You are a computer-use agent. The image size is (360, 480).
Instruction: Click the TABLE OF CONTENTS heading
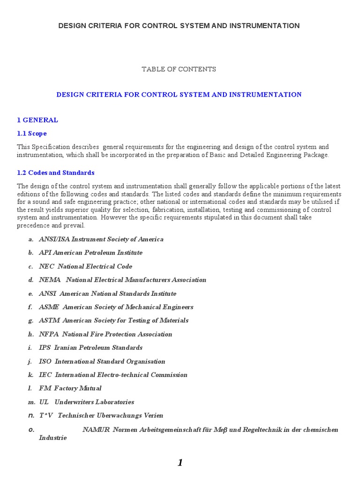(179, 69)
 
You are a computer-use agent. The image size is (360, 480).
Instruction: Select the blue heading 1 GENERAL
(37, 120)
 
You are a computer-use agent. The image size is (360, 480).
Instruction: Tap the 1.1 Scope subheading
(32, 134)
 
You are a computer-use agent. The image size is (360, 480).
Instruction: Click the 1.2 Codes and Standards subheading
(56, 172)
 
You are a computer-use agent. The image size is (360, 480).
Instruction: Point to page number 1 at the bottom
(180, 463)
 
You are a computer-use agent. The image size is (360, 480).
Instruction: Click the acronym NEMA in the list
(50, 280)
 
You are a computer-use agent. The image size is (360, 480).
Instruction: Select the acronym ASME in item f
(49, 307)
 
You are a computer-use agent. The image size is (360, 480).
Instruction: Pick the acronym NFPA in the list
(49, 334)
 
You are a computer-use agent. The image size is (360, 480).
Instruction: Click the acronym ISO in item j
(45, 361)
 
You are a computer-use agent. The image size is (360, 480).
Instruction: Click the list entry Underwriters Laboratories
(94, 402)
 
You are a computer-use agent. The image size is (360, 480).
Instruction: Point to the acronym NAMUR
(96, 430)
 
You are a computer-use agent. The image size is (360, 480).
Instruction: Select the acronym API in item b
(45, 253)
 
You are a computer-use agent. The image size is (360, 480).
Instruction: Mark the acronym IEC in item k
(45, 375)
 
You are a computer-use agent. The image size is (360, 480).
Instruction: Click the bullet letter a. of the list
(31, 240)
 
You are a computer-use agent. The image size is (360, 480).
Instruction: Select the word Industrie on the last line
(52, 438)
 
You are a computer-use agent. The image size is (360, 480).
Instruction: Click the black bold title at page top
(179, 26)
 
